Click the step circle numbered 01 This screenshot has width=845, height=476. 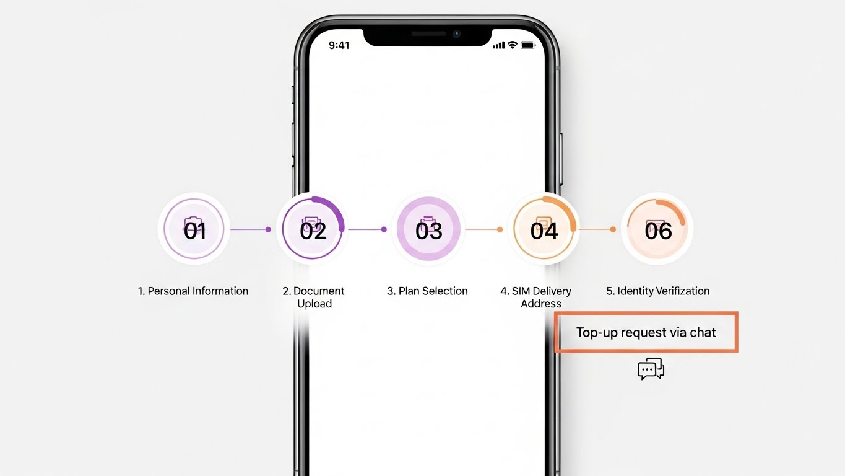194,229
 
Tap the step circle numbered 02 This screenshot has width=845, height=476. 313,229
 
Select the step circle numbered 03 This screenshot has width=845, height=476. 428,229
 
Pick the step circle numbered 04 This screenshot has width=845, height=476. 544,229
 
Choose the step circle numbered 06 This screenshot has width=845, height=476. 657,229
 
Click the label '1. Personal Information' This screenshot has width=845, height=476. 193,291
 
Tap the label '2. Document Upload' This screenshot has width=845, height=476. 313,297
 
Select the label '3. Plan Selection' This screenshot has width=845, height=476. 427,291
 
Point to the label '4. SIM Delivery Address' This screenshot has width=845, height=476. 536,297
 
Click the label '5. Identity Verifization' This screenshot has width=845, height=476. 658,291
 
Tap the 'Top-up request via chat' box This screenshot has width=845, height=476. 646,332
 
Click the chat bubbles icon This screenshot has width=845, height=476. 651,369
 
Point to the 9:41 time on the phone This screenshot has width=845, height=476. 339,45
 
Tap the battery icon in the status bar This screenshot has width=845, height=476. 528,45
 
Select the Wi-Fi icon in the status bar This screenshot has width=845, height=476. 513,45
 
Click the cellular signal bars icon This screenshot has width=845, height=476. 499,45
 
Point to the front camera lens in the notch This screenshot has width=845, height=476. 457,34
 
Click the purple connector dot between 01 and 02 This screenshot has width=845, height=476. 268,229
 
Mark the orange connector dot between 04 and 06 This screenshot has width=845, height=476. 613,229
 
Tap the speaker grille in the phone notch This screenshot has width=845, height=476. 428,33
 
